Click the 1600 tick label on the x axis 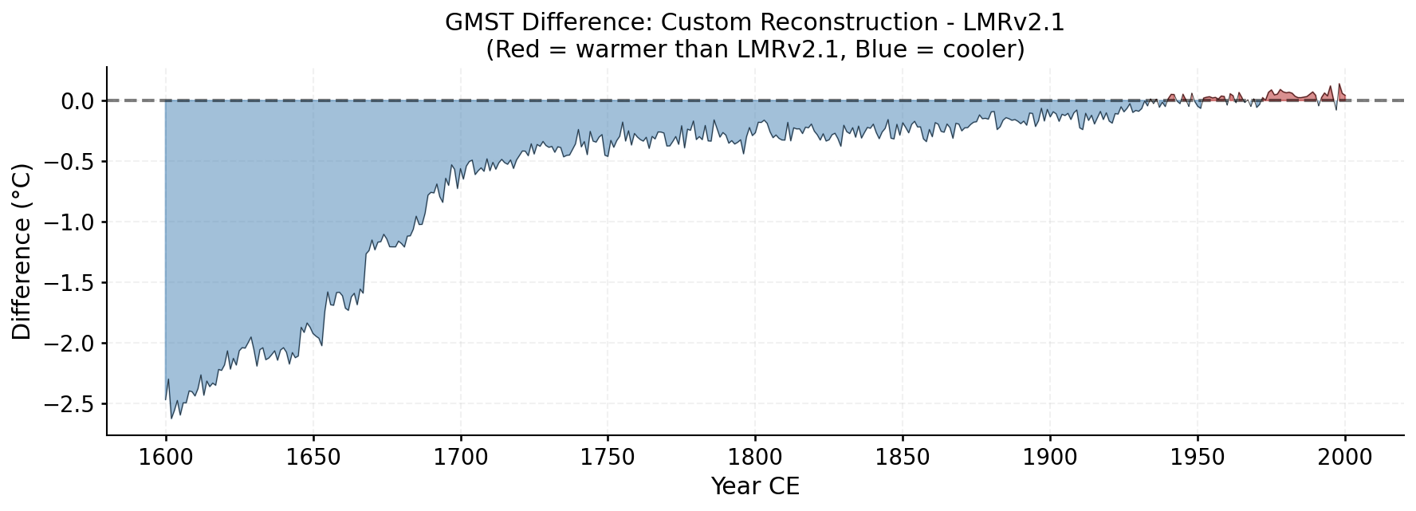pyautogui.click(x=165, y=458)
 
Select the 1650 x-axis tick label pyautogui.click(x=313, y=458)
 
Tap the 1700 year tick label pyautogui.click(x=460, y=458)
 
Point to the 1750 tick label pyautogui.click(x=608, y=458)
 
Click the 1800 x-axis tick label pyautogui.click(x=755, y=458)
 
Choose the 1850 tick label pyautogui.click(x=903, y=458)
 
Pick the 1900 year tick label pyautogui.click(x=1049, y=458)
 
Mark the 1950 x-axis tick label pyautogui.click(x=1197, y=458)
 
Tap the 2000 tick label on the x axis pyautogui.click(x=1344, y=458)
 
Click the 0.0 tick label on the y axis pyautogui.click(x=77, y=101)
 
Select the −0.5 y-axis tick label pyautogui.click(x=69, y=162)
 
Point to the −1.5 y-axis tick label pyautogui.click(x=69, y=283)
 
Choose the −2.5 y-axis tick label pyautogui.click(x=69, y=404)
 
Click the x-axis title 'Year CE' pyautogui.click(x=754, y=486)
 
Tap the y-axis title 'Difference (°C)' pyautogui.click(x=22, y=252)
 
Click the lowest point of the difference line pyautogui.click(x=171, y=418)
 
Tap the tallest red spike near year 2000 pyautogui.click(x=1339, y=85)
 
